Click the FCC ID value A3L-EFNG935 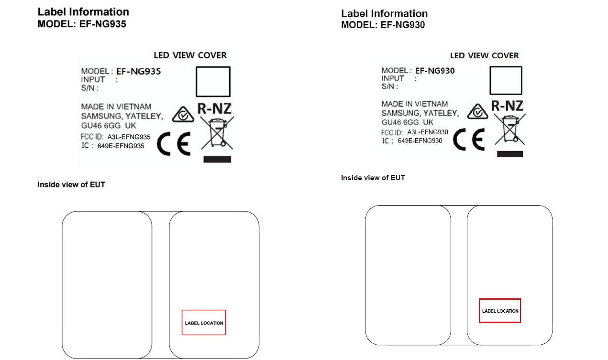129,137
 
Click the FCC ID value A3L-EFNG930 428,132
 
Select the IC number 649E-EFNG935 121,146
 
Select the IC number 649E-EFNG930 420,141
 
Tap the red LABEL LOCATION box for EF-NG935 204,310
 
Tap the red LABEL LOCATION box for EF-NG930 500,299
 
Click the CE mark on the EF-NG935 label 174,144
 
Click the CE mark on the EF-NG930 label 469,140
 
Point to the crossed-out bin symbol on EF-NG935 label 217,133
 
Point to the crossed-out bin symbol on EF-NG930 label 510,129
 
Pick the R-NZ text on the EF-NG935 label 214,109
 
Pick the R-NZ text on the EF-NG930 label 507,106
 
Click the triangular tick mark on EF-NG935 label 183,115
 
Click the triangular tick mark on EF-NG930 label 478,111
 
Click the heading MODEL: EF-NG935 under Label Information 82,24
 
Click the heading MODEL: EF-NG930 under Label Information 383,25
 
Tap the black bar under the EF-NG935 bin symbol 217,159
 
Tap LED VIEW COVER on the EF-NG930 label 485,55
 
